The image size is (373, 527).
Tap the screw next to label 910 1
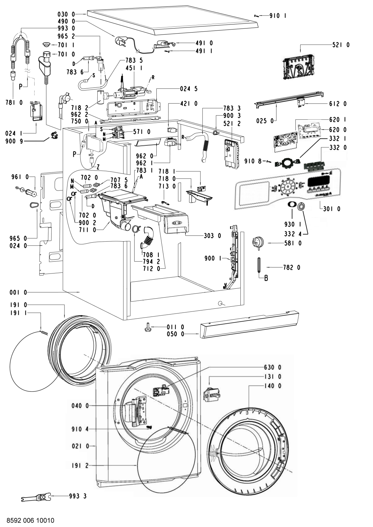(x=257, y=15)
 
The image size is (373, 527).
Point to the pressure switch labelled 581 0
(x=256, y=243)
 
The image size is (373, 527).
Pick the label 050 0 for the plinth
(x=175, y=334)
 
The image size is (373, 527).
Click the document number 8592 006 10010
(x=30, y=520)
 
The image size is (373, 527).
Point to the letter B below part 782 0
(x=266, y=279)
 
